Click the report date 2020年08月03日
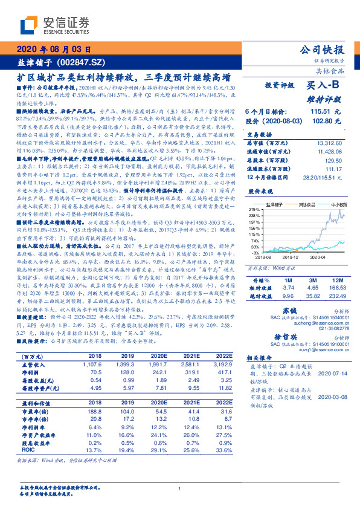point(54,50)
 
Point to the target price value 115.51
point(320,112)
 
